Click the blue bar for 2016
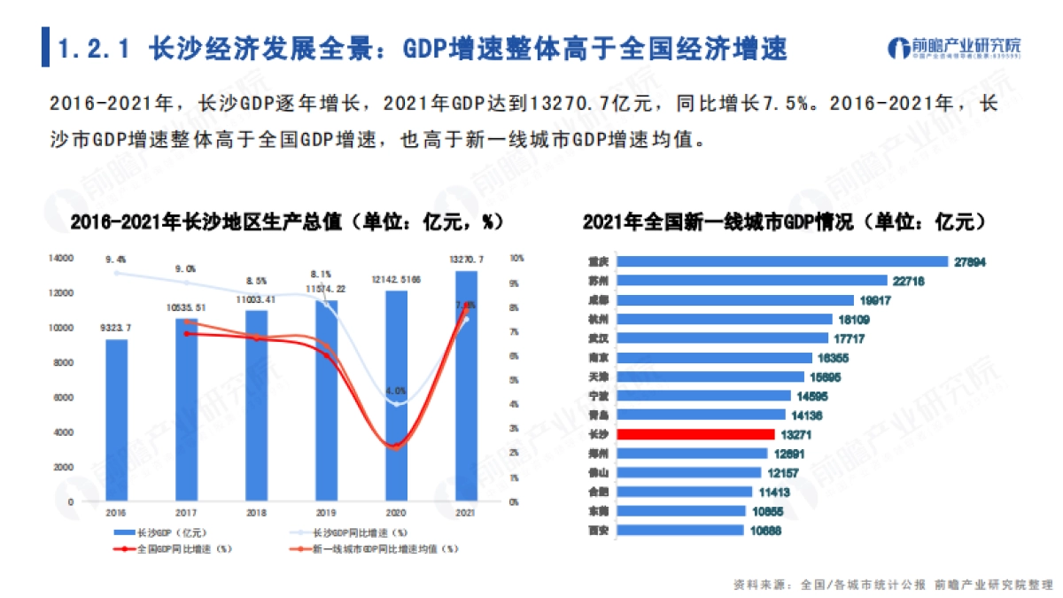click(x=116, y=420)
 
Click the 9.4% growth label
click(x=116, y=260)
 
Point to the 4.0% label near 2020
click(x=396, y=390)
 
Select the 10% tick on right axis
click(x=517, y=259)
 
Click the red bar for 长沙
click(x=695, y=434)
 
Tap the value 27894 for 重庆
click(x=970, y=261)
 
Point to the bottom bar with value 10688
click(x=679, y=530)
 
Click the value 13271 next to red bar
click(x=796, y=434)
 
